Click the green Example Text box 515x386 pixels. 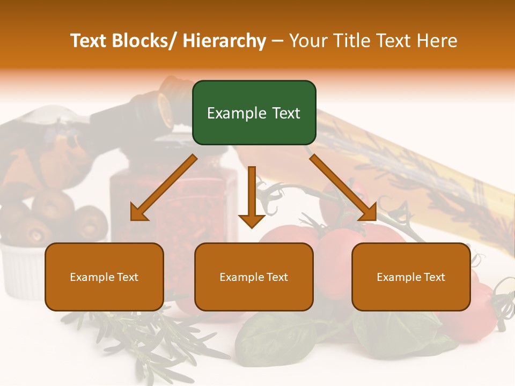click(254, 113)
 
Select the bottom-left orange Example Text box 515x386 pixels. click(104, 277)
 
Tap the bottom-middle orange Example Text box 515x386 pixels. click(254, 277)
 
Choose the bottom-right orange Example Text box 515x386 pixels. click(411, 277)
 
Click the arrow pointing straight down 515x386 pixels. click(252, 198)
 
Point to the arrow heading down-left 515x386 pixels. click(164, 188)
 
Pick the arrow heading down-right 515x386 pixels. click(343, 188)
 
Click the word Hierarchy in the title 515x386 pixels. click(224, 41)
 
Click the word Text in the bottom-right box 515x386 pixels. click(433, 277)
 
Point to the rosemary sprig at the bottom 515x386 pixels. click(161, 338)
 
